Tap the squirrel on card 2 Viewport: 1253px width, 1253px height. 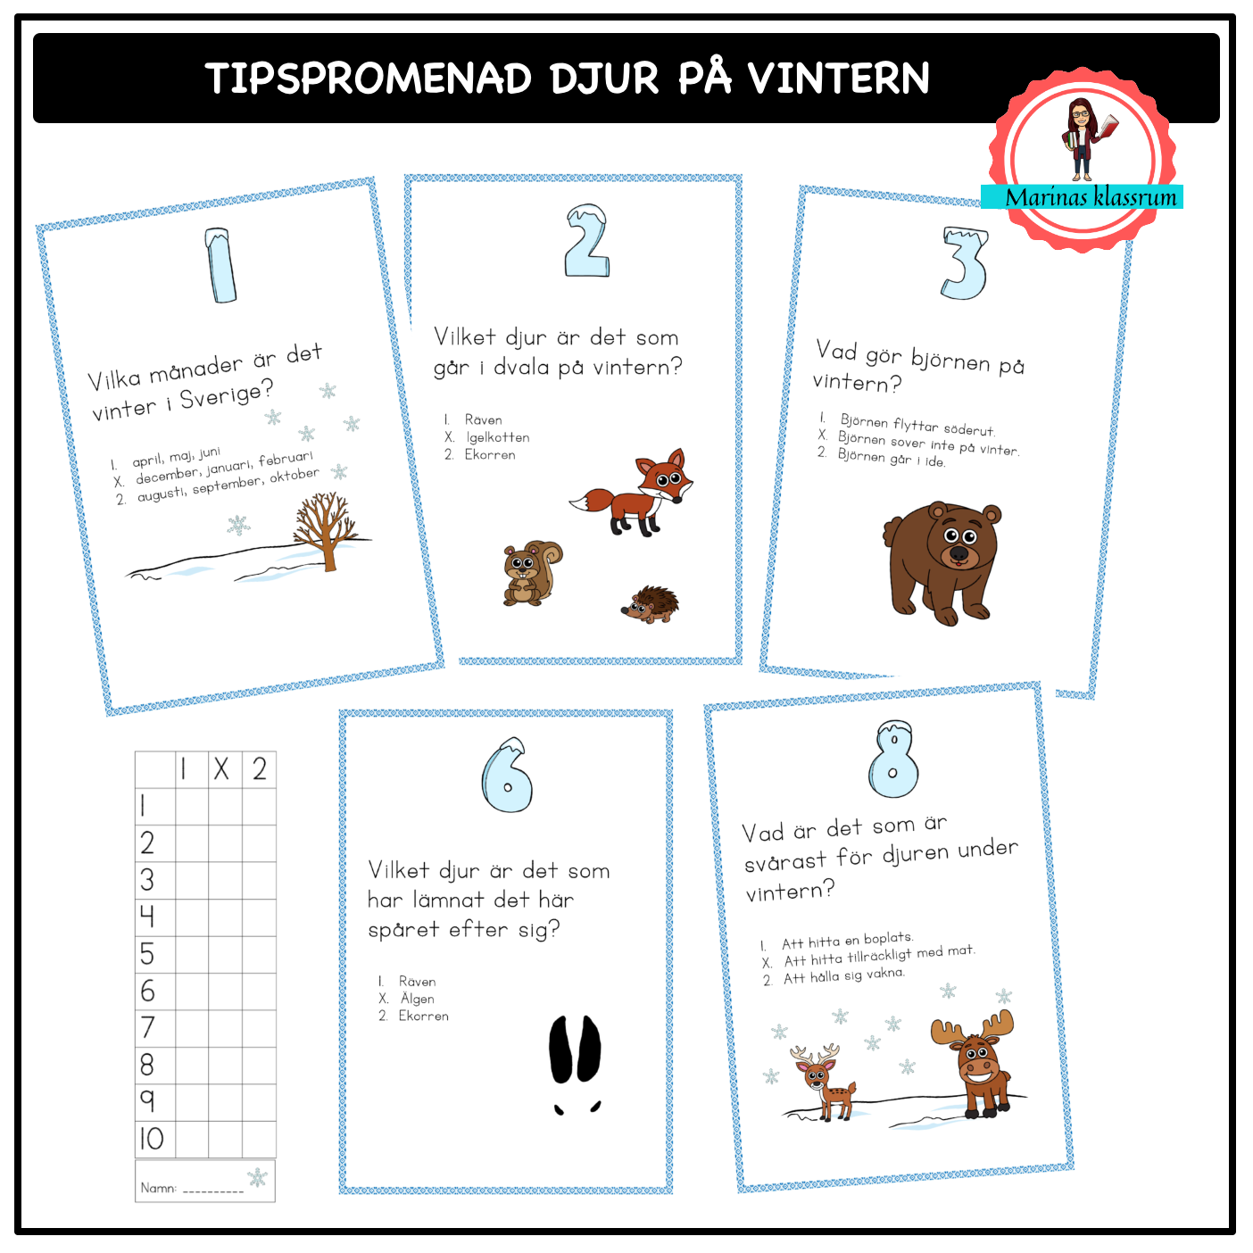[533, 573]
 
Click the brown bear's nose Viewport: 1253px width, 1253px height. [959, 553]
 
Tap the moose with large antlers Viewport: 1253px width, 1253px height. [974, 1063]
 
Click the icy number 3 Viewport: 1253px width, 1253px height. [965, 262]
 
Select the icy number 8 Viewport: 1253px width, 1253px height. [894, 759]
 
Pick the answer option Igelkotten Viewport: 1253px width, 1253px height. [497, 437]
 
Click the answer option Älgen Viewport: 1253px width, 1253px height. [417, 998]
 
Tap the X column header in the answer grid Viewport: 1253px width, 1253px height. [221, 769]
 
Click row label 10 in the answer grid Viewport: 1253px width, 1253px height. [152, 1139]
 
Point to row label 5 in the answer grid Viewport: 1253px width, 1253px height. [147, 954]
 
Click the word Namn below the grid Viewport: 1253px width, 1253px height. [158, 1188]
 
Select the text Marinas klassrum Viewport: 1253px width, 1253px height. [1091, 197]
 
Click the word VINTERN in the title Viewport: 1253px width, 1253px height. [838, 79]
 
